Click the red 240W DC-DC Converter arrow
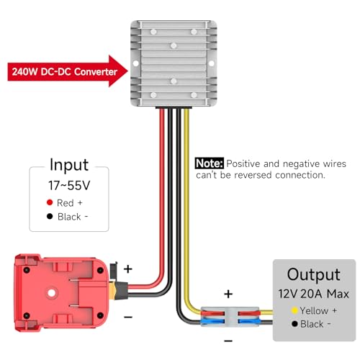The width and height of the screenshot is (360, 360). [67, 71]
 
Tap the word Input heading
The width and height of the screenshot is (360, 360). [69, 165]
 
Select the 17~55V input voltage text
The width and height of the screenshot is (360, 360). [69, 186]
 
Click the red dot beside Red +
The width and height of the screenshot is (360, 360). [50, 202]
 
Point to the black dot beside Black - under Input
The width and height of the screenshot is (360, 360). [50, 216]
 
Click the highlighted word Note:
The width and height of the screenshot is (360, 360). [210, 163]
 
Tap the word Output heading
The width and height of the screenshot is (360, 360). [314, 274]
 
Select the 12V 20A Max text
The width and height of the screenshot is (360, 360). [314, 294]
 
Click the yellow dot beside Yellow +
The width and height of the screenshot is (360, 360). [294, 310]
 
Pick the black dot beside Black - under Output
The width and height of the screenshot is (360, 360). [294, 324]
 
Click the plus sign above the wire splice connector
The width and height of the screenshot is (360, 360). [228, 294]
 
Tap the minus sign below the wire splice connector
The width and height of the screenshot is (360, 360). [228, 341]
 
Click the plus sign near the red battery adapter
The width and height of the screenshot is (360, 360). [128, 269]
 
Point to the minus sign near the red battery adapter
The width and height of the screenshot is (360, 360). [128, 318]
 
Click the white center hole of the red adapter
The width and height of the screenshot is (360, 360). [51, 293]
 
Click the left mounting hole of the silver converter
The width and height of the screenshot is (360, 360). [135, 63]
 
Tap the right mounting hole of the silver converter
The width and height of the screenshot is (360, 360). [212, 63]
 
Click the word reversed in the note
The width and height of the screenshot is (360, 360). [253, 175]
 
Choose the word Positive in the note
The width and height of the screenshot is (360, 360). [243, 163]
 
